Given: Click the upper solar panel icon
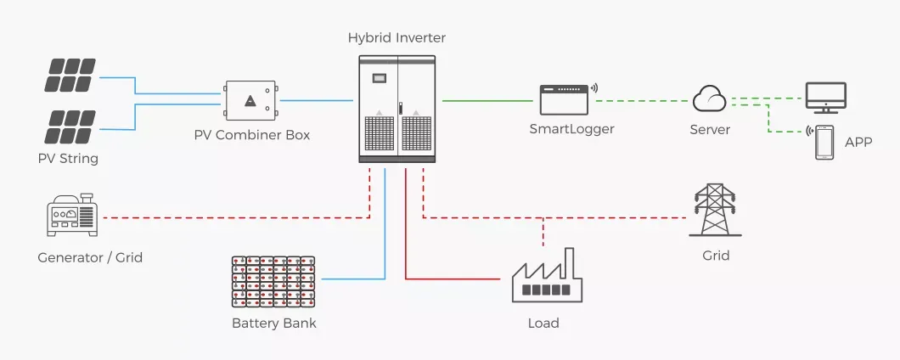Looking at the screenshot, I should (70, 74).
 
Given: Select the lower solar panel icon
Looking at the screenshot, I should (70, 126).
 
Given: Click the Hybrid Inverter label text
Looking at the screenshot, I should (397, 38).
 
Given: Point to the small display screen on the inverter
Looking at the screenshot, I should (380, 78).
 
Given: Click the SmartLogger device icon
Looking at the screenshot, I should (565, 100).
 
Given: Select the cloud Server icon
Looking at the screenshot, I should (710, 100).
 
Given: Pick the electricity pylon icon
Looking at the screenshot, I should (715, 210).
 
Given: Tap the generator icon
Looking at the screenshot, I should (73, 217).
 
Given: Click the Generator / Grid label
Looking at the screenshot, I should (90, 257).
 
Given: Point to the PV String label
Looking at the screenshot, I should (68, 159).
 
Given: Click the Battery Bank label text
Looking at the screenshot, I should (273, 323).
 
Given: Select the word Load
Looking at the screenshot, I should (543, 323).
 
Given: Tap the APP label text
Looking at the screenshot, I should (858, 142).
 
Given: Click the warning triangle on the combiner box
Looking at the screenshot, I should (250, 102).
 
